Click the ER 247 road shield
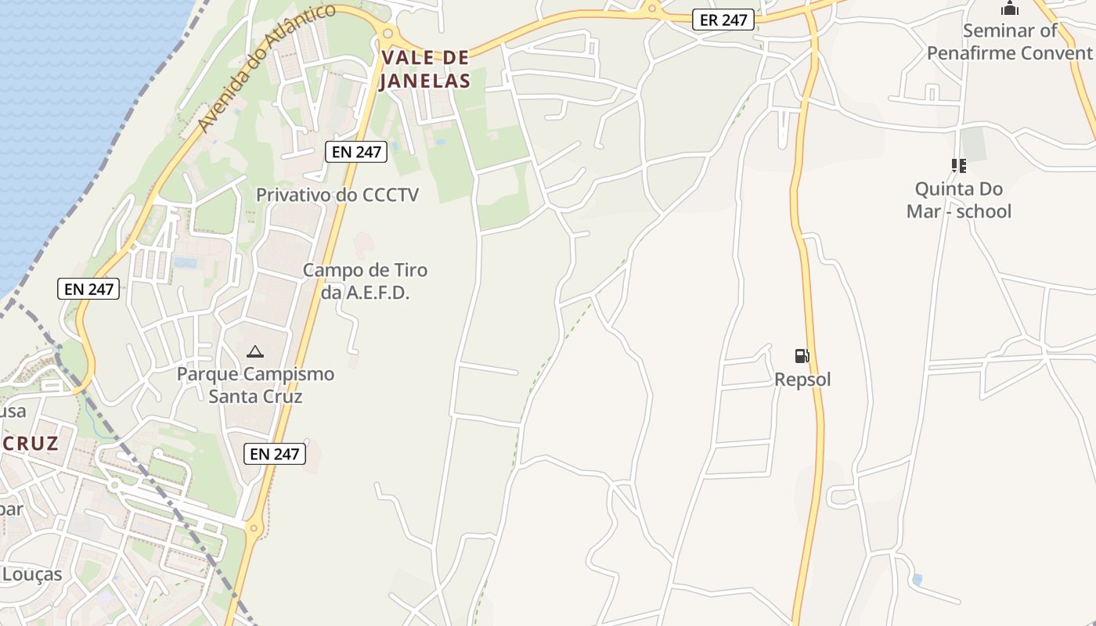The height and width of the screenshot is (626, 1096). pyautogui.click(x=723, y=20)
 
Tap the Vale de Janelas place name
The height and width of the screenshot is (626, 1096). pyautogui.click(x=425, y=69)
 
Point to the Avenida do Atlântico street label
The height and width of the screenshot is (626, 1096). pyautogui.click(x=266, y=68)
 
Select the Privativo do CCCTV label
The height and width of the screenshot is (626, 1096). pyautogui.click(x=337, y=195)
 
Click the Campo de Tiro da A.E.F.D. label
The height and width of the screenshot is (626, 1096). pyautogui.click(x=365, y=282)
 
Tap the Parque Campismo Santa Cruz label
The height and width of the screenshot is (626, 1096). pyautogui.click(x=255, y=385)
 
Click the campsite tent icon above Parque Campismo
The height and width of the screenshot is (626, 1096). pyautogui.click(x=254, y=352)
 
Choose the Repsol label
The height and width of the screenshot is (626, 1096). pyautogui.click(x=802, y=380)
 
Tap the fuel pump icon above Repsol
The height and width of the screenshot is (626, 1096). pyautogui.click(x=802, y=356)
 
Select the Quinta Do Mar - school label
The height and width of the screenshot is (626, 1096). pyautogui.click(x=959, y=200)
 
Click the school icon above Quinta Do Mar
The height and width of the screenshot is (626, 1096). pyautogui.click(x=958, y=166)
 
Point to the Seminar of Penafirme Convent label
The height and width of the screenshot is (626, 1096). pyautogui.click(x=1009, y=41)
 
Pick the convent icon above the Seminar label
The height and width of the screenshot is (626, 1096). pyautogui.click(x=1010, y=9)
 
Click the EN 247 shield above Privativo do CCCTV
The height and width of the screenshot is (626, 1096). pyautogui.click(x=356, y=152)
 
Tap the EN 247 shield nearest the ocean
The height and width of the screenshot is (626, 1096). pyautogui.click(x=88, y=289)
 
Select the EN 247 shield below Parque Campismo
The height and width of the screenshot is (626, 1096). pyautogui.click(x=274, y=453)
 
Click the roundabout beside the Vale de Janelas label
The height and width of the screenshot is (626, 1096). pyautogui.click(x=387, y=33)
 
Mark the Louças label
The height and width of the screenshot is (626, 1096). pyautogui.click(x=31, y=574)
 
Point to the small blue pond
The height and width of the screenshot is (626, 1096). pyautogui.click(x=917, y=580)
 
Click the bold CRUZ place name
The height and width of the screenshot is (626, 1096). pyautogui.click(x=30, y=444)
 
